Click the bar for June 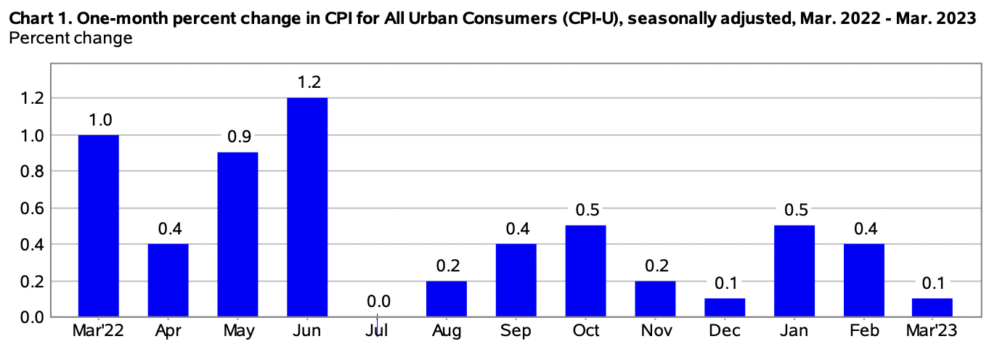click(x=307, y=207)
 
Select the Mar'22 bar click(x=98, y=226)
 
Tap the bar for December click(x=725, y=307)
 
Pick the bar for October click(x=585, y=271)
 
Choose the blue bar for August click(x=447, y=298)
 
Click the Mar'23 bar click(x=932, y=307)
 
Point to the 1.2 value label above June click(x=307, y=82)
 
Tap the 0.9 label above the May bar click(x=237, y=137)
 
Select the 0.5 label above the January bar click(x=794, y=210)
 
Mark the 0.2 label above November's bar click(x=655, y=265)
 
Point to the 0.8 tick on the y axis click(x=33, y=171)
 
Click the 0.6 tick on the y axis click(x=33, y=208)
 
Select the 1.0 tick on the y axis click(x=33, y=135)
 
